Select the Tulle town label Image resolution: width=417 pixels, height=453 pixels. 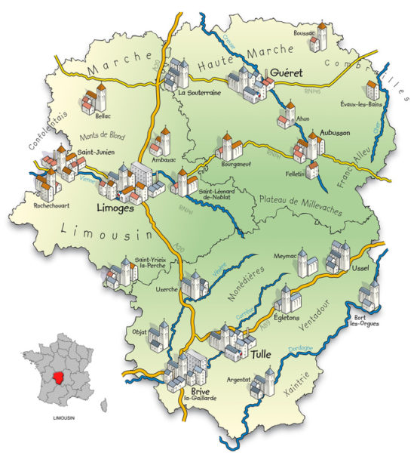coord(262,353)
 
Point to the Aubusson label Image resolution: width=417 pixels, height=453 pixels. coord(334,132)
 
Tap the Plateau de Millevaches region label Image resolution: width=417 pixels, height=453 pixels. coord(300,199)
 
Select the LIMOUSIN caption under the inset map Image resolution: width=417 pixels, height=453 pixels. coord(60,417)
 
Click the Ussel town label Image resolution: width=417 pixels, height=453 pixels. coord(365,270)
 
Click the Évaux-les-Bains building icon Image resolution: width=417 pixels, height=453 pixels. coord(369,91)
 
